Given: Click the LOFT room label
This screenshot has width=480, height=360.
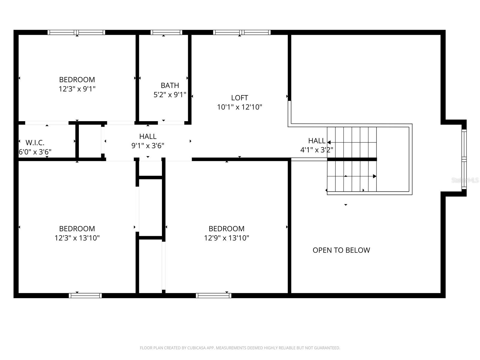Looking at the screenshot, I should tap(239, 98).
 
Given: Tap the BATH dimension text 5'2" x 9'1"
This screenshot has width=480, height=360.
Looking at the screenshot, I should tap(170, 95).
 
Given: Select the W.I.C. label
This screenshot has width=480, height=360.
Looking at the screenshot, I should tap(35, 143).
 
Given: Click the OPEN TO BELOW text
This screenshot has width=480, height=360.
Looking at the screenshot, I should tap(341, 250).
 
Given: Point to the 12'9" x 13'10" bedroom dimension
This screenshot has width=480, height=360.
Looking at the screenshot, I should tap(226, 238).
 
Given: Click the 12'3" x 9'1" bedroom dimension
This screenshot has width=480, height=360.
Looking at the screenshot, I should tap(77, 89).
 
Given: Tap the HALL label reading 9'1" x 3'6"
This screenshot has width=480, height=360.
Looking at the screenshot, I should tap(148, 141).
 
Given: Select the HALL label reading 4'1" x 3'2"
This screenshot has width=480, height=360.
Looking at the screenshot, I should tap(317, 145).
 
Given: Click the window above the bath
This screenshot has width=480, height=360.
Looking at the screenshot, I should tap(166, 32).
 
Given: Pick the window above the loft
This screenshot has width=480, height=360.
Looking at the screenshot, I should tap(242, 32).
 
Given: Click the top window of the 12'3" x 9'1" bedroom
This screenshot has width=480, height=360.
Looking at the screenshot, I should tap(76, 32).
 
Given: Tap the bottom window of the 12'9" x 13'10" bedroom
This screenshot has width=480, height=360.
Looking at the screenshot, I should tap(213, 295).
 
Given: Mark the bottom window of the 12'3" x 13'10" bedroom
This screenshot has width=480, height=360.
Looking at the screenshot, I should tap(85, 295).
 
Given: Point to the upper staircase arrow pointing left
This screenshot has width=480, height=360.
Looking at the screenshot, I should tap(329, 142).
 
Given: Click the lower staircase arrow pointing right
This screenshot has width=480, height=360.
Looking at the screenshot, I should tap(374, 176).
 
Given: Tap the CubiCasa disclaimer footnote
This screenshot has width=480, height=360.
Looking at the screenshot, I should tap(240, 348).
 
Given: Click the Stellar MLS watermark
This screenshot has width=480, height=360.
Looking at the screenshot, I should tap(465, 180).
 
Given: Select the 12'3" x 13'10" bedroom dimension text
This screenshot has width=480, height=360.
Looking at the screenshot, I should tap(77, 238).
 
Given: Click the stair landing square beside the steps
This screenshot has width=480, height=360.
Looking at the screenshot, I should tap(393, 159).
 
